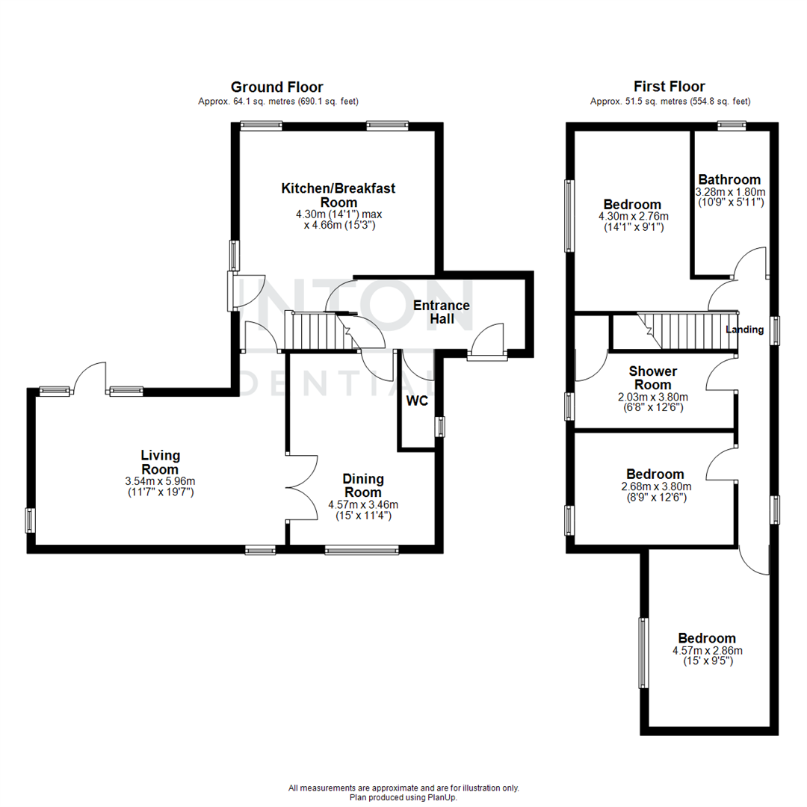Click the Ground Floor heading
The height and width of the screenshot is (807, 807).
pyautogui.click(x=276, y=87)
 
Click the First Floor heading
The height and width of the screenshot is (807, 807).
pyautogui.click(x=669, y=87)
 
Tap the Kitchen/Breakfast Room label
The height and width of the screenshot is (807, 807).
pyautogui.click(x=338, y=195)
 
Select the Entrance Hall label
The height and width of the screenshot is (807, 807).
pyautogui.click(x=442, y=312)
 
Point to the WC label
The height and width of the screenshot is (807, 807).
pyautogui.click(x=417, y=401)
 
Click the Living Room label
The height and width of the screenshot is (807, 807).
pyautogui.click(x=161, y=462)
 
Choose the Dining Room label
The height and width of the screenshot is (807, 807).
pyautogui.click(x=363, y=485)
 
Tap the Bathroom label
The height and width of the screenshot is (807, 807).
pyautogui.click(x=729, y=179)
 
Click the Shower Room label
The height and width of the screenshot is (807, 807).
pyautogui.click(x=652, y=377)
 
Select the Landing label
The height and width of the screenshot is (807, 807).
pyautogui.click(x=745, y=330)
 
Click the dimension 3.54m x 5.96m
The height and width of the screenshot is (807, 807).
pyautogui.click(x=161, y=480)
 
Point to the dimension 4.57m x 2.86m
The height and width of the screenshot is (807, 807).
pyautogui.click(x=707, y=651)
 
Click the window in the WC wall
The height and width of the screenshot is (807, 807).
pyautogui.click(x=440, y=427)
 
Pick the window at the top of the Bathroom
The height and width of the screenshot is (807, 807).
pyautogui.click(x=732, y=126)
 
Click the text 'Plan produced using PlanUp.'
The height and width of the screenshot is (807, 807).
pyautogui.click(x=403, y=797)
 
